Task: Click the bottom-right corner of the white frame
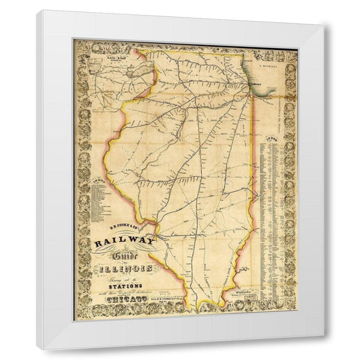tap(326, 349)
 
